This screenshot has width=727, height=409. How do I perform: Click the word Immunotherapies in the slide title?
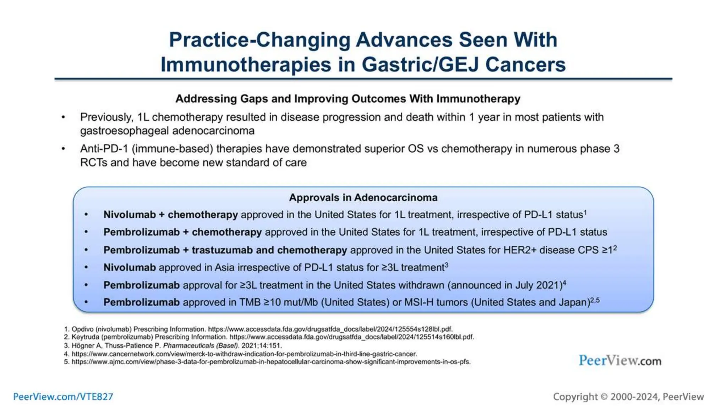246,65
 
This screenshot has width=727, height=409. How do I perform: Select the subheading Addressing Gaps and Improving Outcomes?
348,99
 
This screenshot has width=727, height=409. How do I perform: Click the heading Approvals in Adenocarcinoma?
363,197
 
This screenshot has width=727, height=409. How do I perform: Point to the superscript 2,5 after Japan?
595,300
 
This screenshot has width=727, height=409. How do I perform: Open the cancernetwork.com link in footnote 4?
244,354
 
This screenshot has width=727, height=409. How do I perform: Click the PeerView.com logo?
620,361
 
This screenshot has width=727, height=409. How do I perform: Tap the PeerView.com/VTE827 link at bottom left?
63,397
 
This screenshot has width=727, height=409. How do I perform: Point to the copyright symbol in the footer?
604,397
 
